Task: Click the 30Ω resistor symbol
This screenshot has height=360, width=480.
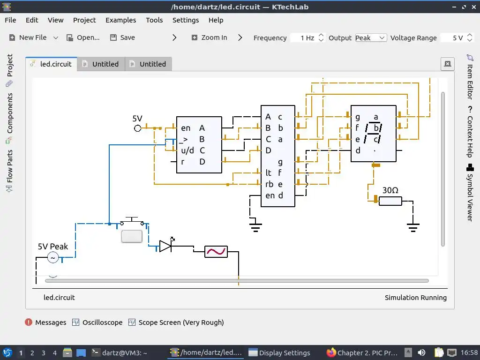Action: point(390,201)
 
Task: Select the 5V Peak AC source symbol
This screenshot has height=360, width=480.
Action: point(52,258)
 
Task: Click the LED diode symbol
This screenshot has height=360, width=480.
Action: point(165,246)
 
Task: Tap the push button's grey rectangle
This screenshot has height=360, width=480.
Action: point(132,236)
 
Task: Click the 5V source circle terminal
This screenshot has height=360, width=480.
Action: point(138,128)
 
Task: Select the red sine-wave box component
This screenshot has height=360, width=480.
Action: point(216,252)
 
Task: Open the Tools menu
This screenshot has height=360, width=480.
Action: point(154,20)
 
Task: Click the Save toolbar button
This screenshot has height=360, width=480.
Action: point(122,37)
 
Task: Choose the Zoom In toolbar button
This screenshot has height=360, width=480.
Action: point(209,37)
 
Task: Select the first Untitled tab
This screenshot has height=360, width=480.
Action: point(101,64)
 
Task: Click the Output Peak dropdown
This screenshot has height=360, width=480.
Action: point(370,38)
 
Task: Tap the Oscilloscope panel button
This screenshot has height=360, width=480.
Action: point(97,322)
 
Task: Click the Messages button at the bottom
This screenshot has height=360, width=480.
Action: point(46,322)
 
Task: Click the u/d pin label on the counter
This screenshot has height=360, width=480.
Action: point(187,150)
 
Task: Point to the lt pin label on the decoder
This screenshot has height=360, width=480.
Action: point(268,173)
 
